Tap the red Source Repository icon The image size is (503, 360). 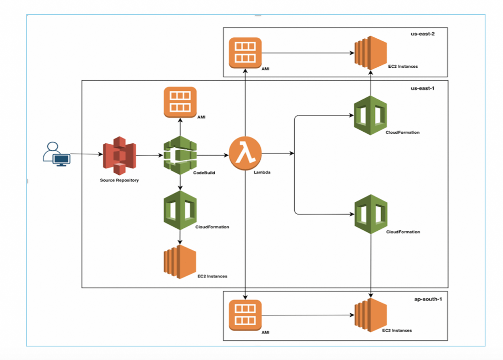coord(118,156)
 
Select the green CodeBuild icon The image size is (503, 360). coord(180,156)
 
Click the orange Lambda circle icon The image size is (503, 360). coord(245,156)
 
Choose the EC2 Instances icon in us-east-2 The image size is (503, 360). coord(371,52)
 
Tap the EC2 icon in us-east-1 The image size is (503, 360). coord(180,261)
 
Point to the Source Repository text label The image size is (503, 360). coord(119,180)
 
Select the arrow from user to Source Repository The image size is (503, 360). coord(86,155)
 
